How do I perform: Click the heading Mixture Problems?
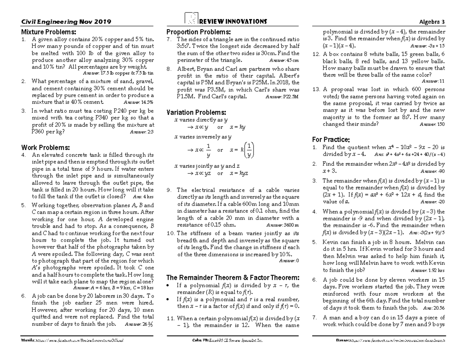[49, 32]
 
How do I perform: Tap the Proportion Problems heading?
[198, 32]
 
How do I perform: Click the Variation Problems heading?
[196, 112]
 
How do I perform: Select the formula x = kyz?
[239, 173]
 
